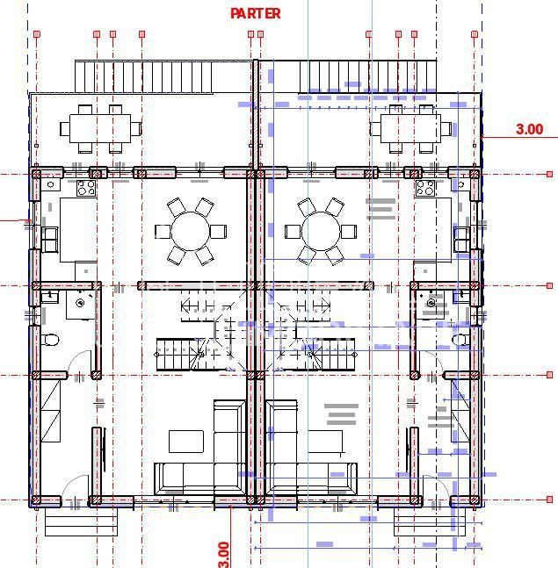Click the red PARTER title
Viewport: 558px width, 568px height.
tap(256, 13)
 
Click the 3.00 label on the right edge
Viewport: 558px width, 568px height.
tap(529, 129)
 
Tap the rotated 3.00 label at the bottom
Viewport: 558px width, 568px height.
tap(223, 553)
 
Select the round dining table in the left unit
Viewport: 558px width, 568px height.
tap(189, 232)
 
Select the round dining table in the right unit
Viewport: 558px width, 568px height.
tap(319, 232)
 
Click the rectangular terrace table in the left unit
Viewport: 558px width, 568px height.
tap(100, 127)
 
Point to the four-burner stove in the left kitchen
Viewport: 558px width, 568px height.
tap(86, 188)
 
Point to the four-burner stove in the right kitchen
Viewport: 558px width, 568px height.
tap(425, 188)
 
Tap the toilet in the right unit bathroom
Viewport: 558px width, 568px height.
tap(460, 340)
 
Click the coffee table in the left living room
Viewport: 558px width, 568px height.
tap(186, 441)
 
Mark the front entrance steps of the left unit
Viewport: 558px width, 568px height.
tap(81, 524)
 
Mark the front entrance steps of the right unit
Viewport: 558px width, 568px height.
tap(429, 524)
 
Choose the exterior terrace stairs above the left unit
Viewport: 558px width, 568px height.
tap(143, 76)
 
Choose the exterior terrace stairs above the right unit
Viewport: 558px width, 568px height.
tap(367, 76)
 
